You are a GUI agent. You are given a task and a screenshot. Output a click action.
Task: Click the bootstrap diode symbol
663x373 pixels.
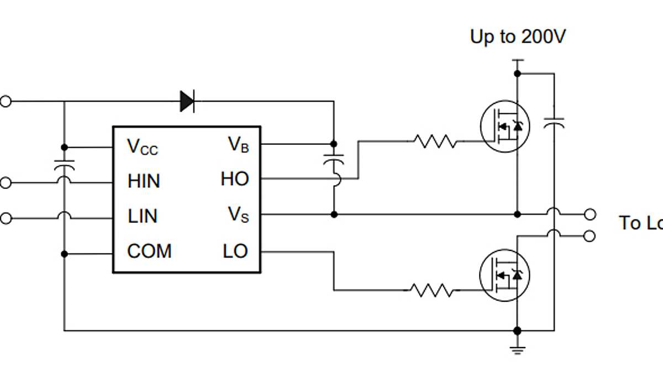pos(187,101)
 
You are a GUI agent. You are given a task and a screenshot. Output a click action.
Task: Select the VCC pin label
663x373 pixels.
pos(143,146)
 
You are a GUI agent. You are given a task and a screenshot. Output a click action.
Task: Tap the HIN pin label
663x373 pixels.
pos(144,181)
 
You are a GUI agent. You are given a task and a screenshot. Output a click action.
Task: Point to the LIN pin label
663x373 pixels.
pos(143,216)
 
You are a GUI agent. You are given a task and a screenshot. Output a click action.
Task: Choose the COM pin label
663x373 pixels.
pos(149,251)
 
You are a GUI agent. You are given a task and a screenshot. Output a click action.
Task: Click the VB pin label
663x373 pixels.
pos(239,145)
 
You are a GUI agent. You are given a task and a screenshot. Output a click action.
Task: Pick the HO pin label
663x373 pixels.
pos(235,179)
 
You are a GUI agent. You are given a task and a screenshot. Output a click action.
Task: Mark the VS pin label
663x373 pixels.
pos(239,214)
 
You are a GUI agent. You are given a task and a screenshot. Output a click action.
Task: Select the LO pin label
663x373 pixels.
pos(235,251)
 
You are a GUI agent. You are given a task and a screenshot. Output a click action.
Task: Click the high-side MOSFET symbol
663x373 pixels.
pos(504,127)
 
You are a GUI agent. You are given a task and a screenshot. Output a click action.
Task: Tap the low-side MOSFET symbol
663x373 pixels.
pos(504,275)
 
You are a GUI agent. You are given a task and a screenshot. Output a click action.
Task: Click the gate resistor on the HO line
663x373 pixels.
pos(435,141)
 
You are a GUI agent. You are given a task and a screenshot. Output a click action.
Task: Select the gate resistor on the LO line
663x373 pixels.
pos(432,290)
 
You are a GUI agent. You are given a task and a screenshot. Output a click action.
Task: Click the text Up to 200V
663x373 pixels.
pos(518,37)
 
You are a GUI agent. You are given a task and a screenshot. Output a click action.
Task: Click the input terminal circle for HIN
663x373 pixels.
pos(5,182)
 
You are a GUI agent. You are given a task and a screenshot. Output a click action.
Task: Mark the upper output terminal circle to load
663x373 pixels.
pos(590,214)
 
